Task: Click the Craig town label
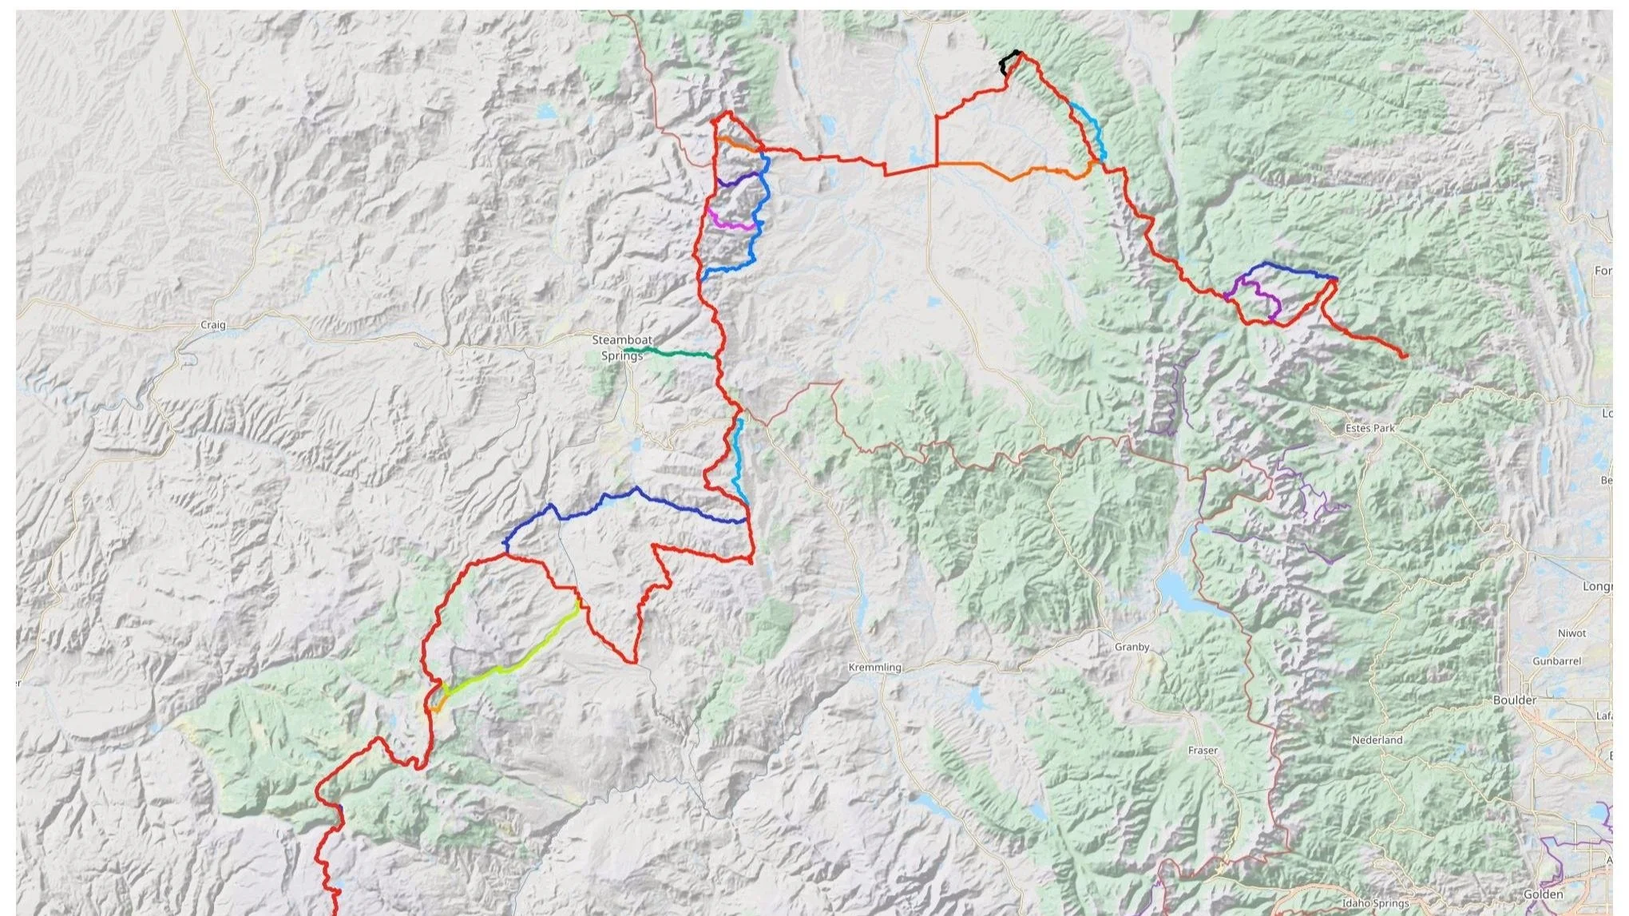tap(213, 325)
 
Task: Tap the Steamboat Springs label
tap(621, 347)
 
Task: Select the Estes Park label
tap(1369, 428)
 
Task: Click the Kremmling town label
tap(874, 667)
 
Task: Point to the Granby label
tap(1132, 647)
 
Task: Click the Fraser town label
tap(1203, 750)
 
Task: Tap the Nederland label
tap(1377, 740)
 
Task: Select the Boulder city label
tap(1514, 700)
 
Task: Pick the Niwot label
tap(1572, 632)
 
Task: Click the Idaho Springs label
tap(1375, 903)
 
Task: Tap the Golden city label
tap(1543, 894)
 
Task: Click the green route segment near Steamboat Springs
tap(671, 352)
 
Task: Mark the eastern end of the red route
tap(1405, 355)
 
